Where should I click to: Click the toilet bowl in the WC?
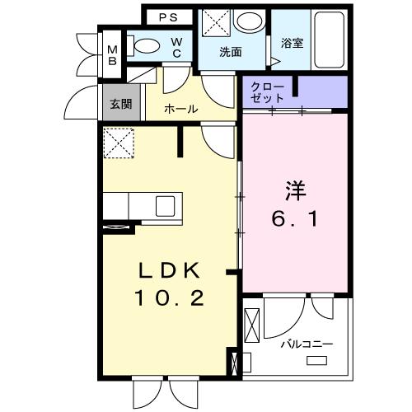point(148,46)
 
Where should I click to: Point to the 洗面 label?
point(230,52)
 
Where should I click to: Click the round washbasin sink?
point(245,22)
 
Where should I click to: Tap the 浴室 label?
point(292,43)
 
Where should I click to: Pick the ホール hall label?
point(180,109)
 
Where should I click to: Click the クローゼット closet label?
point(266,92)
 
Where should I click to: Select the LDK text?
point(169,270)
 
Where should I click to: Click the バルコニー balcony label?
point(306,343)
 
